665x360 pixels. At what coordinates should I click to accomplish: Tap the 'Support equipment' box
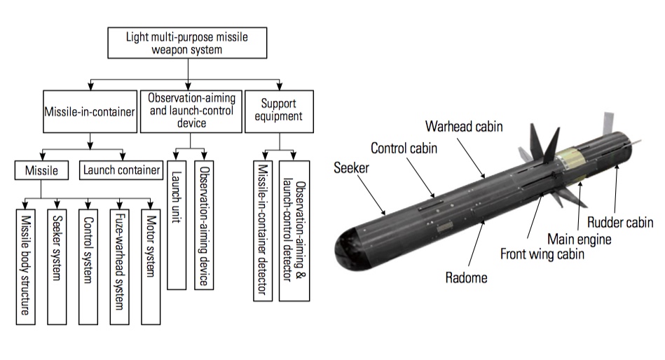click(280, 112)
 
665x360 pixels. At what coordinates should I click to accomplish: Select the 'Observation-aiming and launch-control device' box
click(188, 112)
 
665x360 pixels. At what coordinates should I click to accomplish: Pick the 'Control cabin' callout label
click(404, 148)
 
